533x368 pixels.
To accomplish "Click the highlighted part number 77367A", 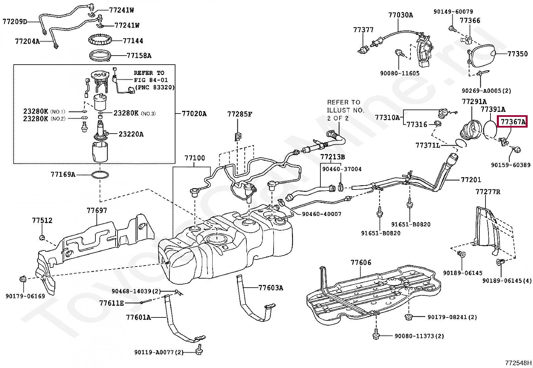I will click(512, 122).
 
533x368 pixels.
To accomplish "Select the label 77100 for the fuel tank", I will click(195, 158).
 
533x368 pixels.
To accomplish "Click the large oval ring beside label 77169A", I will click(100, 175).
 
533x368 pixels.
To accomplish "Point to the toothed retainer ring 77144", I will click(99, 40).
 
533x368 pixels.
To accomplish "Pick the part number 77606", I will click(361, 262).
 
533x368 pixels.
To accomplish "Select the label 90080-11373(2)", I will click(419, 336).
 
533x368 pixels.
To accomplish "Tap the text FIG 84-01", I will click(151, 80).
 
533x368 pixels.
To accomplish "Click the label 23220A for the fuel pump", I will click(131, 134).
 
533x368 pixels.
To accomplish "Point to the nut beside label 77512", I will click(42, 238).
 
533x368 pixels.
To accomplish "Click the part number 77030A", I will click(400, 15).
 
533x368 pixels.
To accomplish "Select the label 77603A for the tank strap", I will click(271, 288).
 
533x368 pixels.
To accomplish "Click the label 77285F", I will click(239, 114).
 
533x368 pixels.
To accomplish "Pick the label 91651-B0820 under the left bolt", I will click(380, 233).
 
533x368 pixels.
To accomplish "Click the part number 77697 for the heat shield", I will click(97, 210).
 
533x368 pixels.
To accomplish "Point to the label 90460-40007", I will click(321, 214).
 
